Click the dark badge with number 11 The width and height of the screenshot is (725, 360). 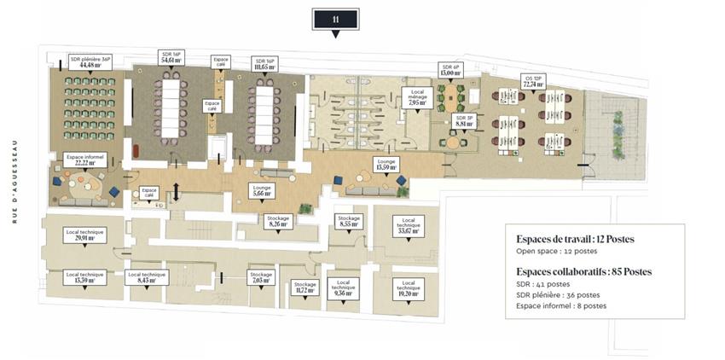336,19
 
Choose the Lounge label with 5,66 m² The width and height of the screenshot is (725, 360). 262,190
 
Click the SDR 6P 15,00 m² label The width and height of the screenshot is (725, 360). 449,70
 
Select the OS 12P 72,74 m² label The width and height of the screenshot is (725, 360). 534,82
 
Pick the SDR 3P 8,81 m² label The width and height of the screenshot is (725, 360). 464,120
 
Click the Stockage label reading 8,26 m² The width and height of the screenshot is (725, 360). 278,222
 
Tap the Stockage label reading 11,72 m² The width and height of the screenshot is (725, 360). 304,287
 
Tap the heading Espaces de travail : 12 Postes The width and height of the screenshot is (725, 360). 575,239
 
